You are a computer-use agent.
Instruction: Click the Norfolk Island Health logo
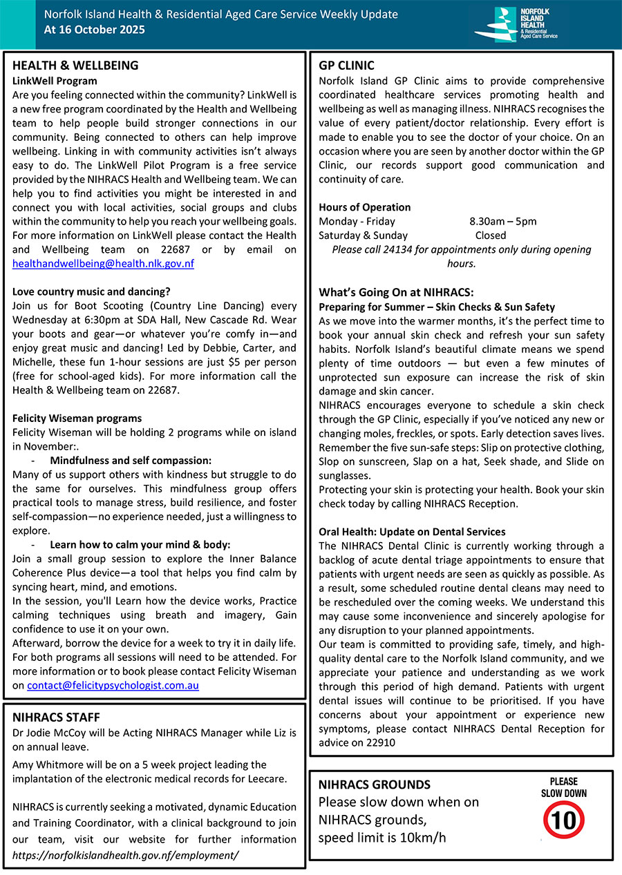pyautogui.click(x=522, y=24)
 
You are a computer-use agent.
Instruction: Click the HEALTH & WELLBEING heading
pyautogui.click(x=75, y=66)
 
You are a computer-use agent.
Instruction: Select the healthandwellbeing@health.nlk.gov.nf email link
pyautogui.click(x=103, y=263)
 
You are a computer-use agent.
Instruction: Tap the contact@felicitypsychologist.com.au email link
pyautogui.click(x=113, y=686)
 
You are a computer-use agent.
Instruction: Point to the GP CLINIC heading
pyautogui.click(x=346, y=66)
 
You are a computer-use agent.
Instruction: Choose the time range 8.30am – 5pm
pyautogui.click(x=502, y=221)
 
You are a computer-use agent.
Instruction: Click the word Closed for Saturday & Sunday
pyautogui.click(x=491, y=235)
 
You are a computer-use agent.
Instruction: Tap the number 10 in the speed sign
pyautogui.click(x=564, y=821)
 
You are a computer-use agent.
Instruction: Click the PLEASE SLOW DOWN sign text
pyautogui.click(x=564, y=787)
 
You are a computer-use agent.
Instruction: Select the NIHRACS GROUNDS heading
pyautogui.click(x=374, y=785)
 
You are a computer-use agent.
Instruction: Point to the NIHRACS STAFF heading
pyautogui.click(x=56, y=717)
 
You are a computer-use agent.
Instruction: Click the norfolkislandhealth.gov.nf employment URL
pyautogui.click(x=126, y=855)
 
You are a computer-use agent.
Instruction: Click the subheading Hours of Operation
pyautogui.click(x=364, y=207)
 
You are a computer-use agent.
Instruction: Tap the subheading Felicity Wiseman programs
pyautogui.click(x=77, y=418)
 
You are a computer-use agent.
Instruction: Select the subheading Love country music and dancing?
pyautogui.click(x=91, y=291)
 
